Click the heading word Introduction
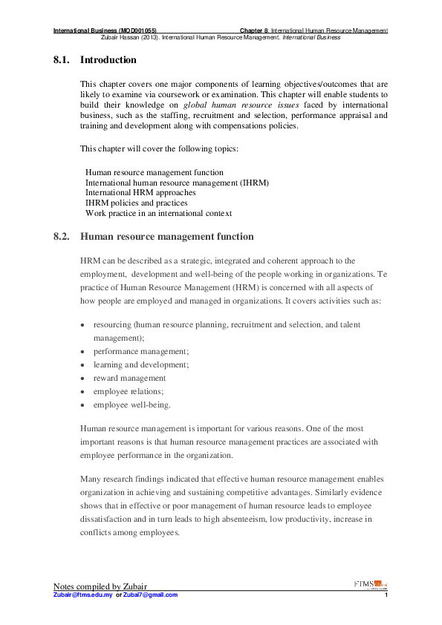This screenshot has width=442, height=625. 108,59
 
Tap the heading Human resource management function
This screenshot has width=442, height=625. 166,237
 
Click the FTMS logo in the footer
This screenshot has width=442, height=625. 371,583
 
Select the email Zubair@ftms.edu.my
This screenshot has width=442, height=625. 83,595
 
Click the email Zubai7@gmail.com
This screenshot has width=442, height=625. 151,595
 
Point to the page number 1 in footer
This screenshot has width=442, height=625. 387,595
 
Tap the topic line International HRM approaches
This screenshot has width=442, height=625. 140,192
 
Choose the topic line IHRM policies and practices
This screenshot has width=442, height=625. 136,203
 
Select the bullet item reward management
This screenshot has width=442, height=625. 129,378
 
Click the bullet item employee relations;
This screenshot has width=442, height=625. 128,391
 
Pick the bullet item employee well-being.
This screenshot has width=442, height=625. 131,405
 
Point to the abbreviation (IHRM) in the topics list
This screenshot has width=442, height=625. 252,182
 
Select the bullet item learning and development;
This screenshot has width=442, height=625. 140,364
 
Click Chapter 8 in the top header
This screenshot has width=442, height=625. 254,30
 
